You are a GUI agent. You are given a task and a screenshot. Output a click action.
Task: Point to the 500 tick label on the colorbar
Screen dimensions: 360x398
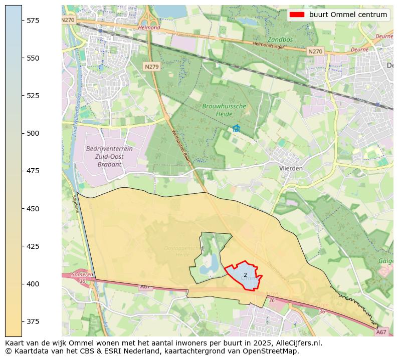pyautogui.click(x=33, y=133)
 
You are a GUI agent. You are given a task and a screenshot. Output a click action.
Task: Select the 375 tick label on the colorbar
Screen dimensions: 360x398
pyautogui.click(x=33, y=321)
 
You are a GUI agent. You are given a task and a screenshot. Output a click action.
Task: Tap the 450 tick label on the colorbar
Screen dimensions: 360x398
pyautogui.click(x=33, y=208)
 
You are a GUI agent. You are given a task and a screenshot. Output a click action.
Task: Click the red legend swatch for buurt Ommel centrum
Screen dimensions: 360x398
pyautogui.click(x=297, y=15)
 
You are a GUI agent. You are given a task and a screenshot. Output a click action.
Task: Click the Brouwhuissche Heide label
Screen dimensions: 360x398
pyautogui.click(x=224, y=110)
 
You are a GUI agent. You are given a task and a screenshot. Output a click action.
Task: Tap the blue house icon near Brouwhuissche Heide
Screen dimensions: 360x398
pyautogui.click(x=236, y=128)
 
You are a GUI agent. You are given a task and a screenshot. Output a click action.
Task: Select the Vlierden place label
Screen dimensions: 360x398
pyautogui.click(x=291, y=168)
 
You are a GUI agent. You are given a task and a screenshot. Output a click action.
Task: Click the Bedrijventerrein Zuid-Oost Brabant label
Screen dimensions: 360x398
pyautogui.click(x=103, y=156)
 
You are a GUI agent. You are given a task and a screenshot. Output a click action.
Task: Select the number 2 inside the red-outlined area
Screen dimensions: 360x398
pyautogui.click(x=245, y=275)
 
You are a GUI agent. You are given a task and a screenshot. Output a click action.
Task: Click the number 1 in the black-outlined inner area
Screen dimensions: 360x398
pyautogui.click(x=203, y=249)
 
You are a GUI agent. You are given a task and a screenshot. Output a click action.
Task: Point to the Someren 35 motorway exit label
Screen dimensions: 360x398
pyautogui.click(x=82, y=278)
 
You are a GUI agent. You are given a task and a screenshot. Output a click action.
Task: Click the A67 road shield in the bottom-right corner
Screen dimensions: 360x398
pyautogui.click(x=381, y=332)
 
